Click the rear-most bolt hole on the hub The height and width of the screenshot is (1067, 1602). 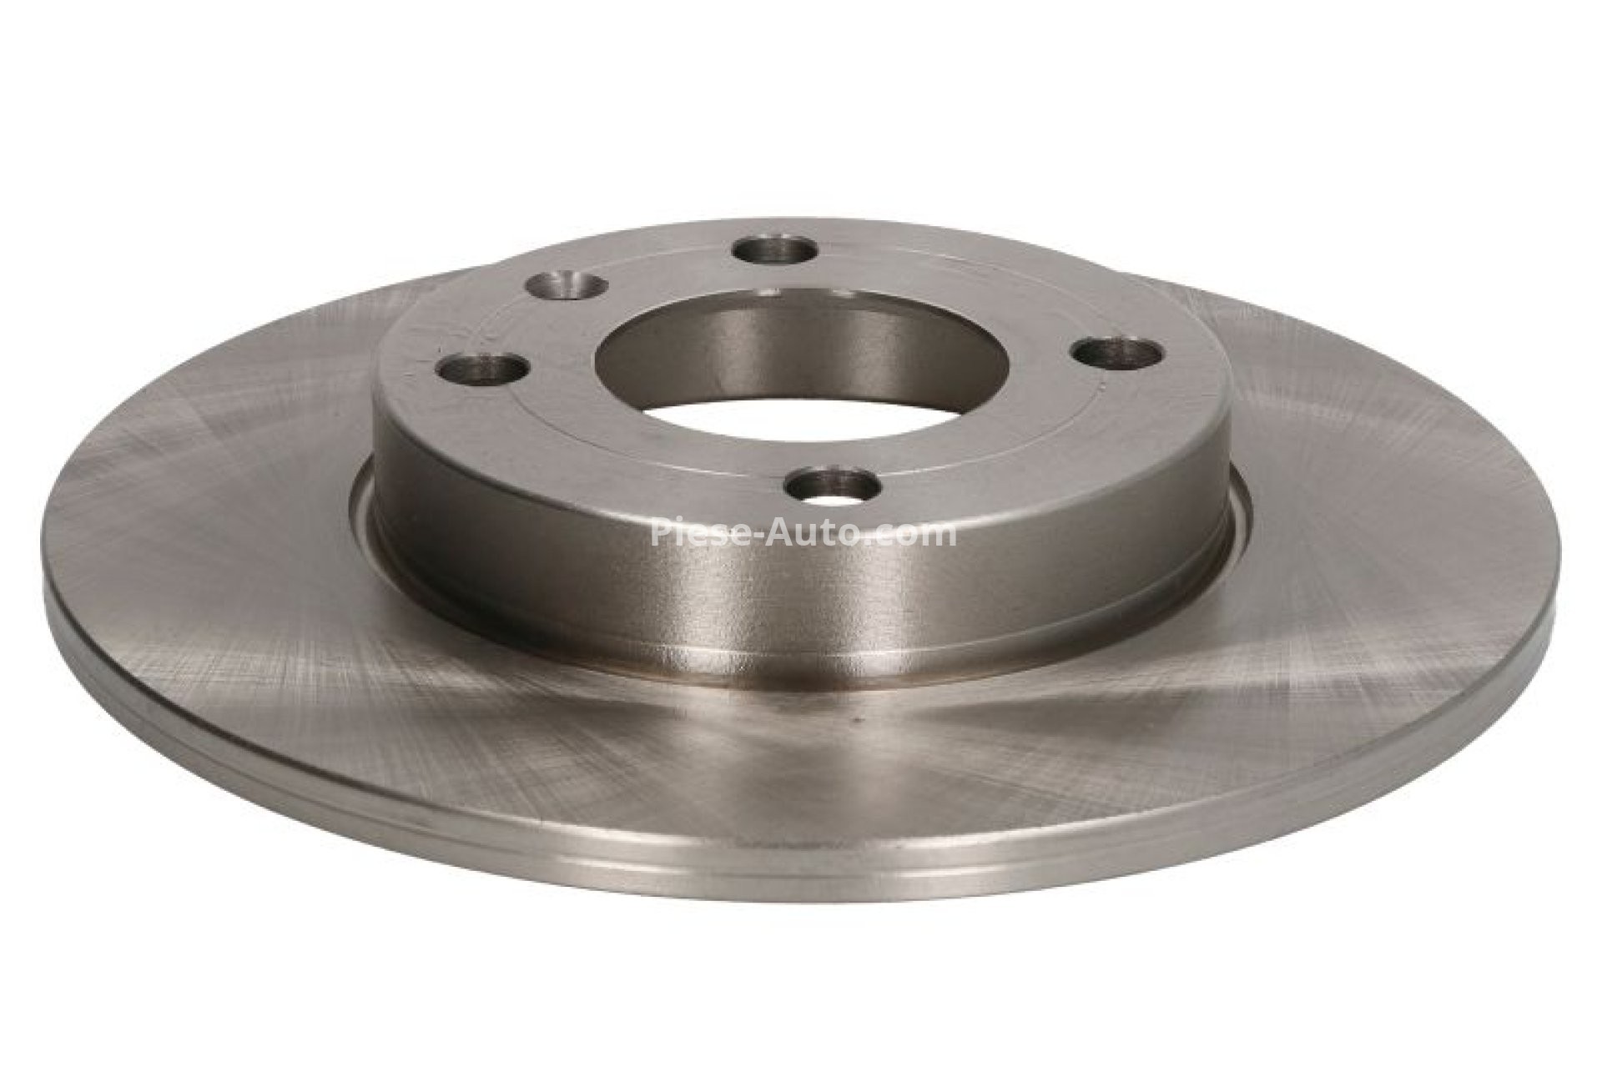(775, 250)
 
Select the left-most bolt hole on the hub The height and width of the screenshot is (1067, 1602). (485, 368)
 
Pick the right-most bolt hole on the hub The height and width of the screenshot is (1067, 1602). (1118, 351)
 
